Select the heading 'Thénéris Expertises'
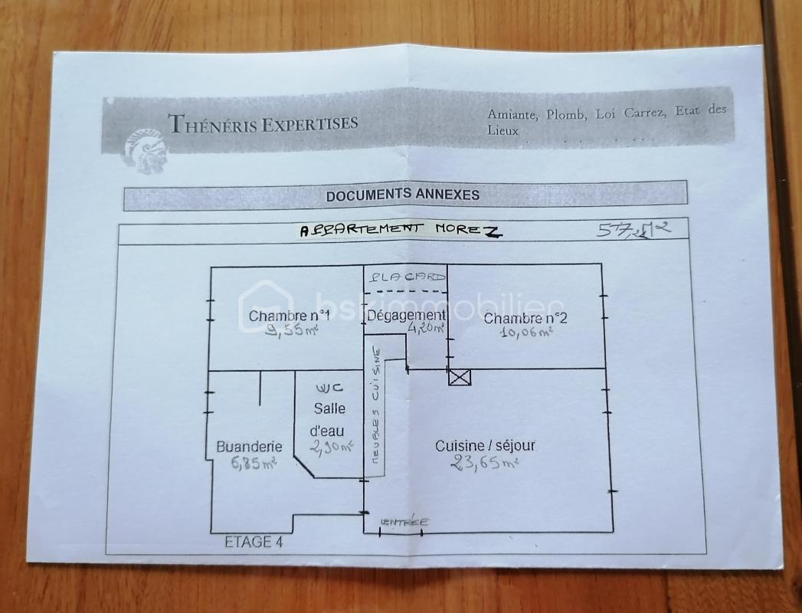pyautogui.click(x=263, y=123)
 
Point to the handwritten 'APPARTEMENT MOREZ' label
pyautogui.click(x=401, y=229)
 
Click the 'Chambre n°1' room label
pyautogui.click(x=290, y=316)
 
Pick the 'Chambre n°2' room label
pyautogui.click(x=525, y=319)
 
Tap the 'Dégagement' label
pyautogui.click(x=406, y=315)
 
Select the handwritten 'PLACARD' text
pyautogui.click(x=405, y=277)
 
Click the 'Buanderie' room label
pyautogui.click(x=249, y=447)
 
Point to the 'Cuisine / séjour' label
pyautogui.click(x=485, y=445)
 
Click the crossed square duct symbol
pyautogui.click(x=460, y=376)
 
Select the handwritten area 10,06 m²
pyautogui.click(x=527, y=333)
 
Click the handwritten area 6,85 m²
pyautogui.click(x=253, y=462)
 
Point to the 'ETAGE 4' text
pyautogui.click(x=254, y=542)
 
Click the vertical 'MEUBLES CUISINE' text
pyautogui.click(x=376, y=406)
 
